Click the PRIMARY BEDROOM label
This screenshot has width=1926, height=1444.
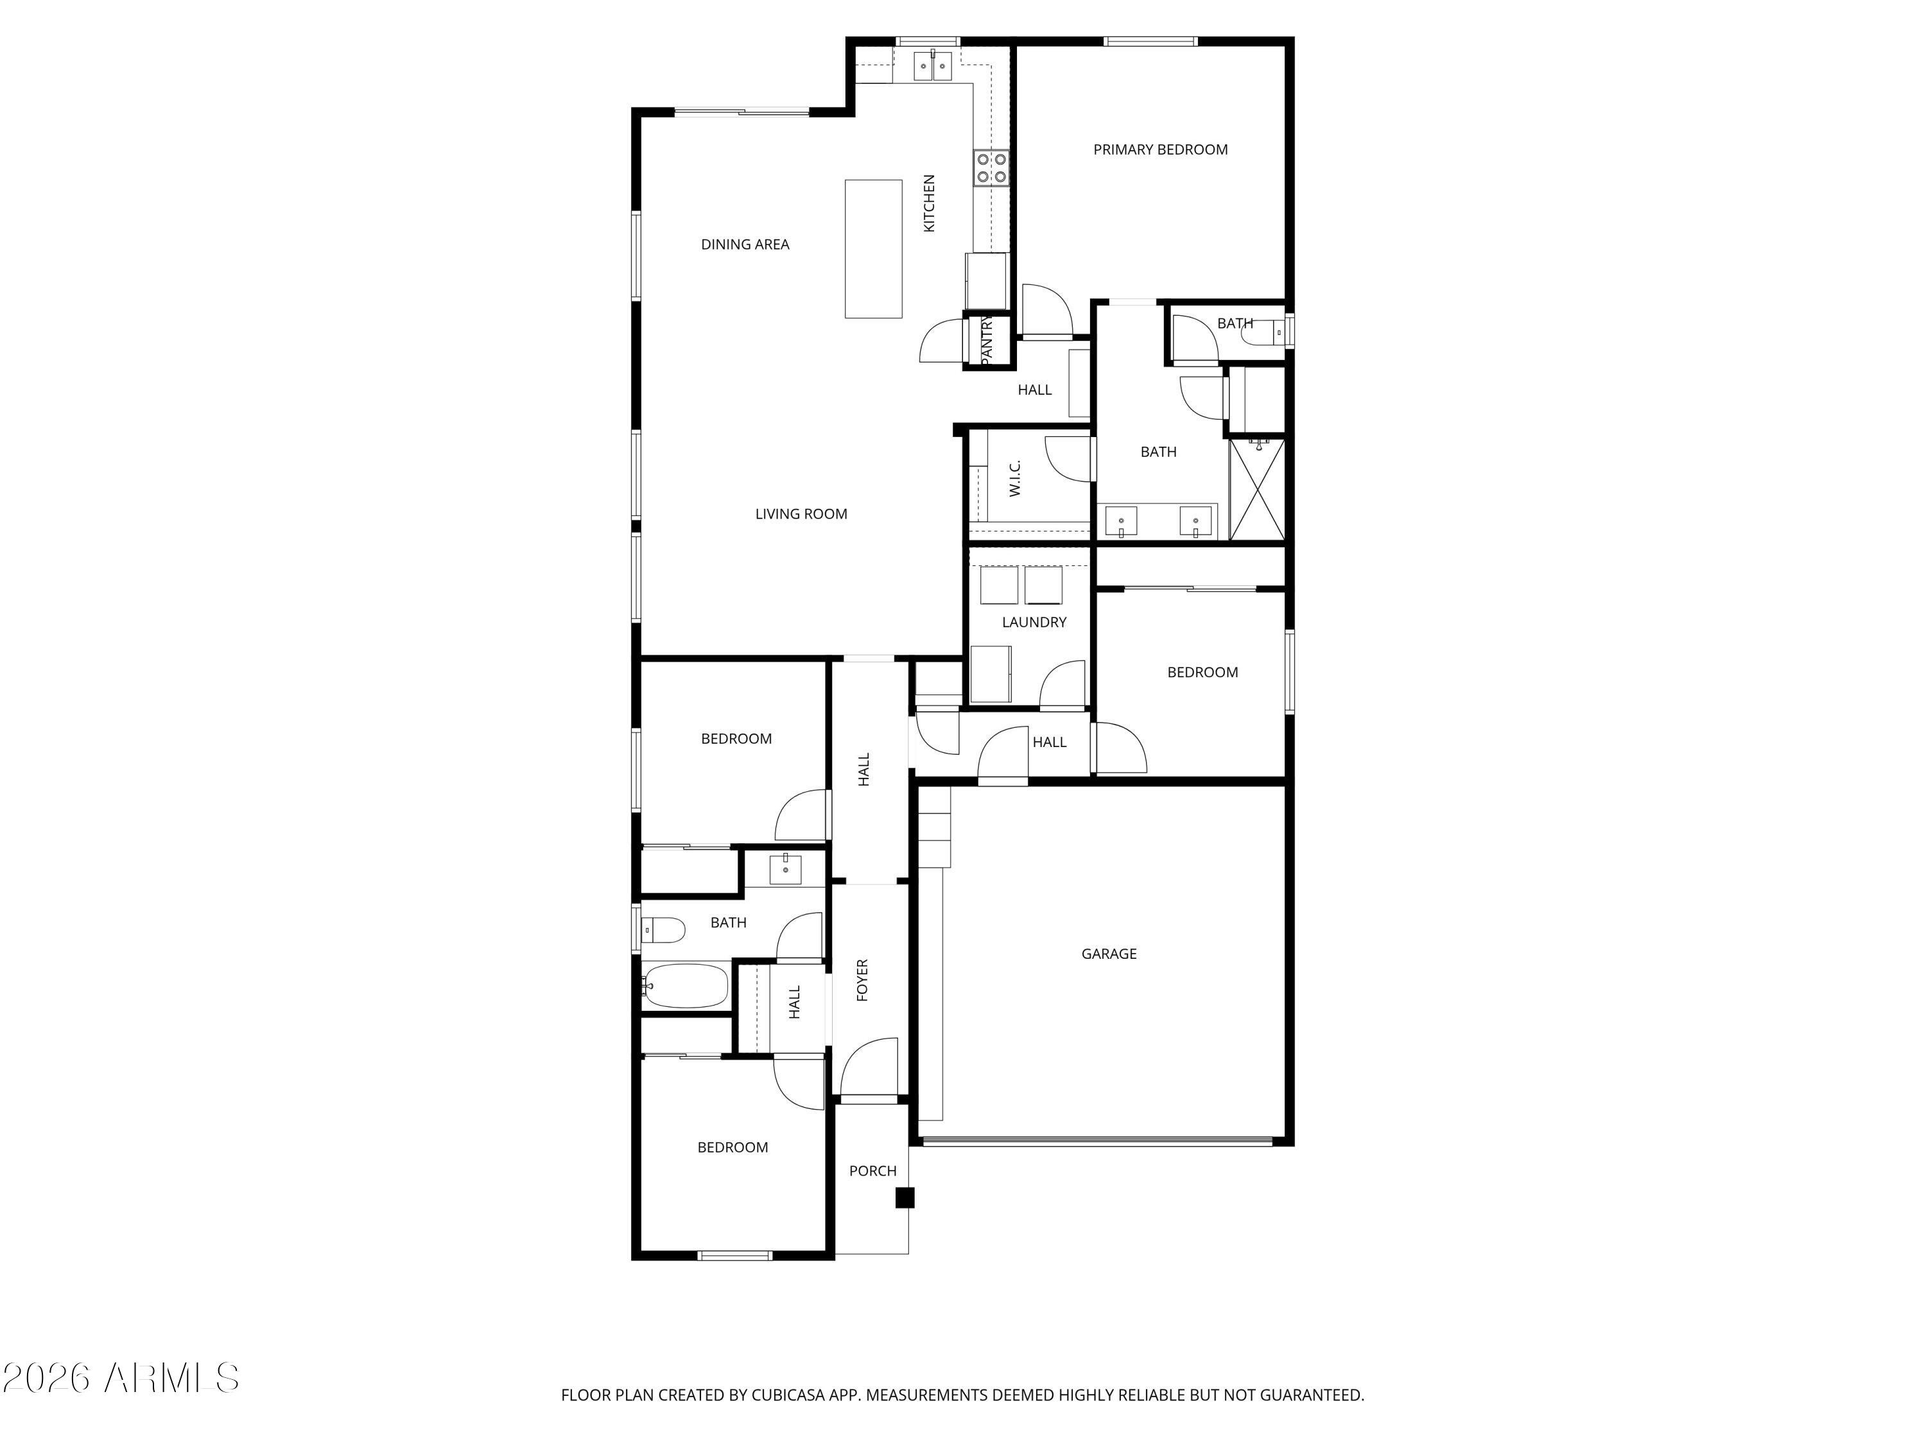click(x=1160, y=150)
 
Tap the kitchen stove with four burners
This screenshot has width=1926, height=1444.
click(x=991, y=168)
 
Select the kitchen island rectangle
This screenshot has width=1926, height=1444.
click(x=873, y=249)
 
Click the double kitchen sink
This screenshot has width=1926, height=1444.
click(x=933, y=66)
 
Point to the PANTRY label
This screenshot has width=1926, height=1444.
click(x=987, y=340)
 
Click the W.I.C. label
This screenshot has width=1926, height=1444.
click(x=1015, y=479)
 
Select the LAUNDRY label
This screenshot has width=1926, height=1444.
click(x=1034, y=623)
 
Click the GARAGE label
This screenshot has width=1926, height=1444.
click(x=1108, y=954)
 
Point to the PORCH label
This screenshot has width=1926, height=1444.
click(x=872, y=1171)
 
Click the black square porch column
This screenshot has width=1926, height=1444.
click(x=905, y=1198)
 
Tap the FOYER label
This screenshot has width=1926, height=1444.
click(x=863, y=980)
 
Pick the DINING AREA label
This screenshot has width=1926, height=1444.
click(x=745, y=245)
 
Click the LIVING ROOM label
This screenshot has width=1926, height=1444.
click(x=800, y=515)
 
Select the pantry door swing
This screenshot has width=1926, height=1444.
click(x=941, y=341)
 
